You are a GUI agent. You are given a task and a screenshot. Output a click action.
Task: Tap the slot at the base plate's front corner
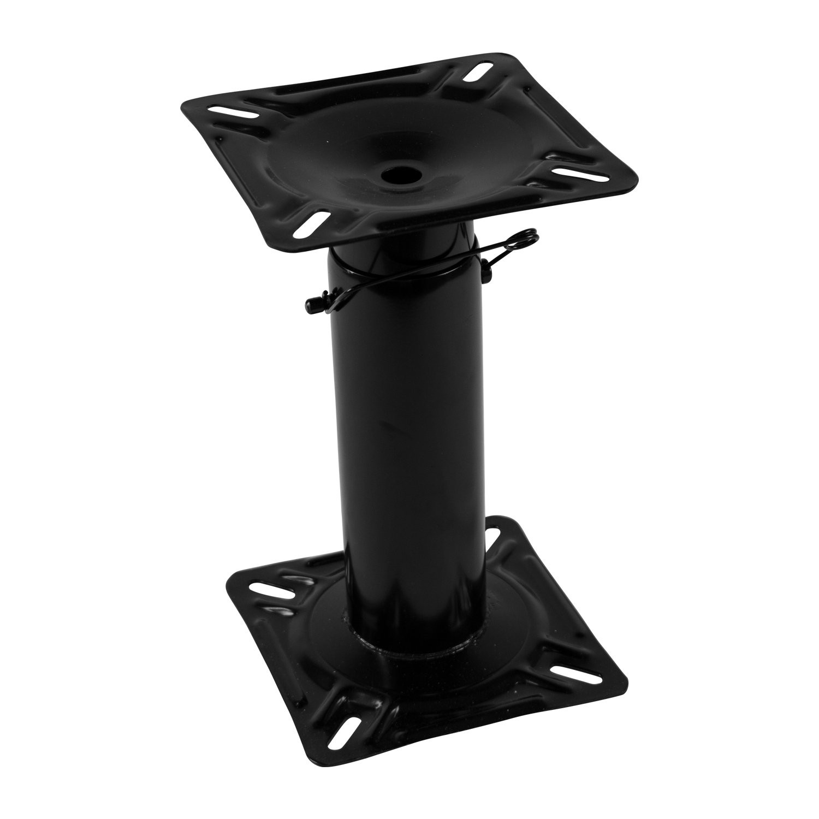349,732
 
